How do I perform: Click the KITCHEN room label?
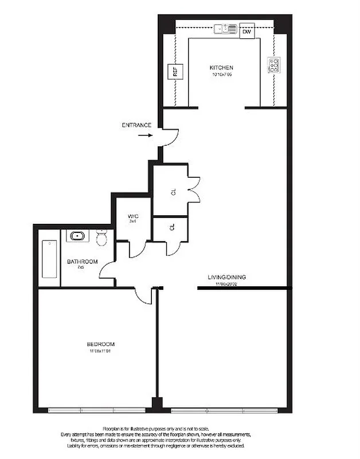pyautogui.click(x=221, y=68)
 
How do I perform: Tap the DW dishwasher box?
pyautogui.click(x=246, y=32)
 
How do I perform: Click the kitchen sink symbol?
pyautogui.click(x=225, y=28)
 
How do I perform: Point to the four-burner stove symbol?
pyautogui.click(x=274, y=65)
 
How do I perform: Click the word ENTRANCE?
pyautogui.click(x=136, y=125)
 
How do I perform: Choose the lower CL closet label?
pyautogui.click(x=173, y=227)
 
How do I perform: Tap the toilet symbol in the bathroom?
pyautogui.click(x=101, y=237)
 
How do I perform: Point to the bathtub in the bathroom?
pyautogui.click(x=49, y=259)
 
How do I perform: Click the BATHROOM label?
pyautogui.click(x=82, y=262)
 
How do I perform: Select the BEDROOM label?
pyautogui.click(x=99, y=344)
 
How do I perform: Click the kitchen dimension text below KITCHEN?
pyautogui.click(x=221, y=75)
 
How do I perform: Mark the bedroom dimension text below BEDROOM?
pyautogui.click(x=99, y=351)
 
